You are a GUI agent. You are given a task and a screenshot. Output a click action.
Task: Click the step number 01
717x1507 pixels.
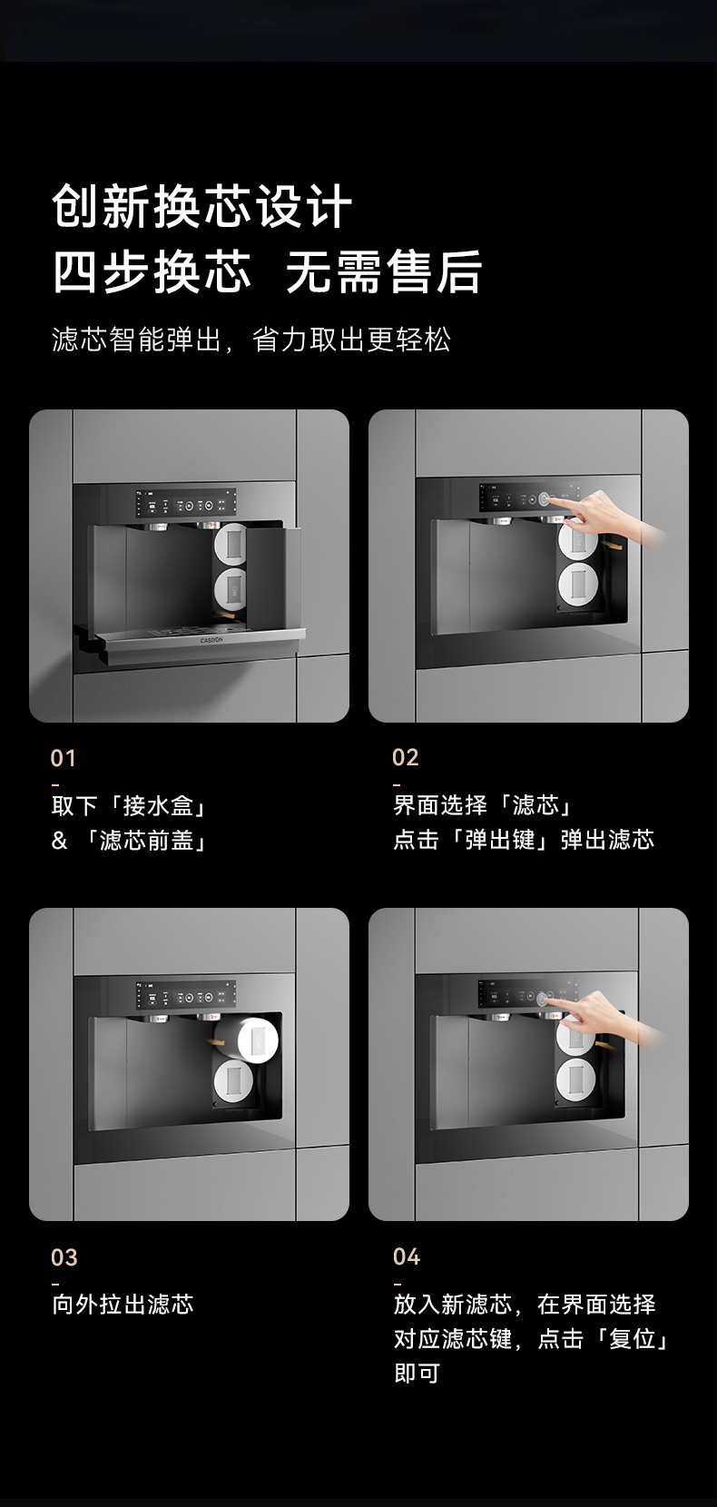[63, 758]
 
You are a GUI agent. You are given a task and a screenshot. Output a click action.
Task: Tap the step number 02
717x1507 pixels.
[405, 757]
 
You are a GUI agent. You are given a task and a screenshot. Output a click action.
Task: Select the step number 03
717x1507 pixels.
[64, 1257]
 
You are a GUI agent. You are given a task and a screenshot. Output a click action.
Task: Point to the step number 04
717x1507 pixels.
[407, 1256]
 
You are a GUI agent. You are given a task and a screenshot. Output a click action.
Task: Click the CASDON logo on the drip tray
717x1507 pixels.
[211, 641]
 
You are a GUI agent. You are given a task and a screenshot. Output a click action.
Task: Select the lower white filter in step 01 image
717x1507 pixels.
[231, 588]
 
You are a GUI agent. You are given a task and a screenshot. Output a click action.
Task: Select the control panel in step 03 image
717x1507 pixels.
[186, 995]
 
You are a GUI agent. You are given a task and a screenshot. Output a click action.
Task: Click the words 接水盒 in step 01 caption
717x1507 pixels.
[158, 805]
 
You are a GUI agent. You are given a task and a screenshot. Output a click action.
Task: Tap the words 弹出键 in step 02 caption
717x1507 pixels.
[500, 840]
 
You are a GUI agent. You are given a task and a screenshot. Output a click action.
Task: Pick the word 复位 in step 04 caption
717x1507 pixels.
[633, 1339]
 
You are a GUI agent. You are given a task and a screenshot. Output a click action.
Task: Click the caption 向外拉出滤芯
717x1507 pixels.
[123, 1305]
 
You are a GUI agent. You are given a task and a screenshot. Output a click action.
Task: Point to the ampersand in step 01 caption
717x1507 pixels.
[59, 841]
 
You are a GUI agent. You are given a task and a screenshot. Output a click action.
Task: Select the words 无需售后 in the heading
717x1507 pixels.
[383, 271]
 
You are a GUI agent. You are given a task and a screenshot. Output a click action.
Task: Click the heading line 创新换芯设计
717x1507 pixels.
[201, 206]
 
